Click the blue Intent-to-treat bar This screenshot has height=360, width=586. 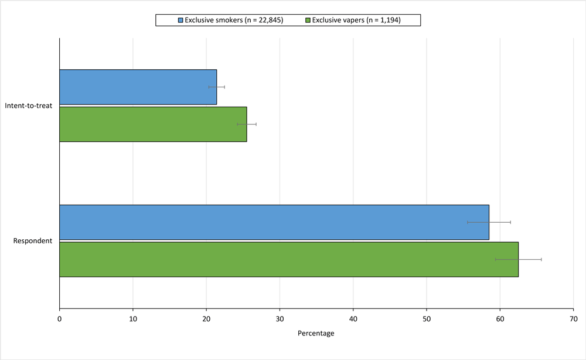[138, 87]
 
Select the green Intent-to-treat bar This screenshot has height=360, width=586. [153, 124]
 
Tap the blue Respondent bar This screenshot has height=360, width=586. [274, 222]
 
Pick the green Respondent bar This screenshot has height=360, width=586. [288, 259]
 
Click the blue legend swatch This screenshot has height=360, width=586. [180, 21]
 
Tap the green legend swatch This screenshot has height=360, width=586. [308, 21]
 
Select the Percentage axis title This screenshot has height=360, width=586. [316, 334]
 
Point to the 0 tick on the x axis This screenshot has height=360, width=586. [60, 319]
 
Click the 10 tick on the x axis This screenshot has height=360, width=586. [133, 319]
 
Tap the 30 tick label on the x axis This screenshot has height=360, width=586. [280, 319]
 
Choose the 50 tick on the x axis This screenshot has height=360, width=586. [427, 319]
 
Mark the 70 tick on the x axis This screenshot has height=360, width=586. [573, 319]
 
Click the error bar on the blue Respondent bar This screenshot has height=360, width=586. [489, 222]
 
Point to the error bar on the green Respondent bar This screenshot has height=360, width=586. [519, 259]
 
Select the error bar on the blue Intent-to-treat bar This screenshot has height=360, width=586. [217, 87]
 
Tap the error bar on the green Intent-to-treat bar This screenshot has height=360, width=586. [247, 124]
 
